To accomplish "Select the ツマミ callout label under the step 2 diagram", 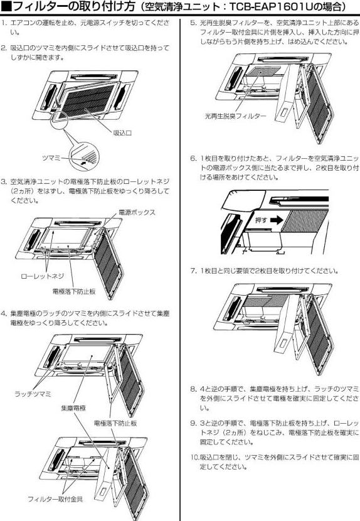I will pos(51,157).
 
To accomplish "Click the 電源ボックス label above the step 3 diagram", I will pos(137,213).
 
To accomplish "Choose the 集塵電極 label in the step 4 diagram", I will pos(73,407).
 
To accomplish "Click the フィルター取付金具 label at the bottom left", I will pos(55,499).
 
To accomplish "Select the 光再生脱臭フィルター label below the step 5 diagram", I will pos(236,117).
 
